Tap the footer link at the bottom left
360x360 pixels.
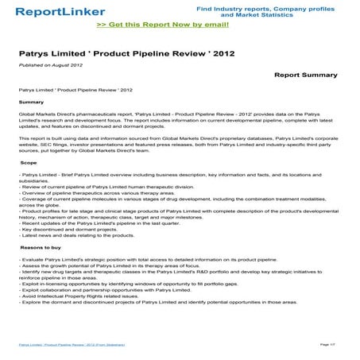[x=72, y=344]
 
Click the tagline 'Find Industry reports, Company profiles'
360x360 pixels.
[x=270, y=7]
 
